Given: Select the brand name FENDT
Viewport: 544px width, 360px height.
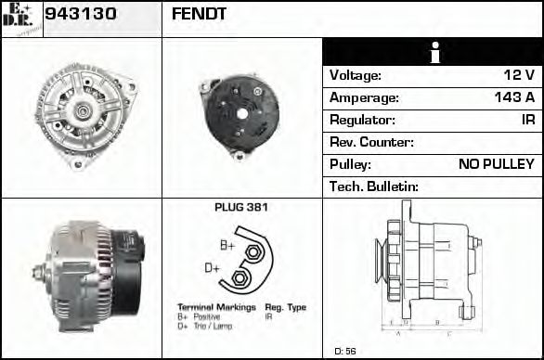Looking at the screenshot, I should pos(199,15).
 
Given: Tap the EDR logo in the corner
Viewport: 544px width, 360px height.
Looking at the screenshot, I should pos(20,18).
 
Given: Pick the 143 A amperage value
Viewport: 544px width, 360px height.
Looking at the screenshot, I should pos(514,97).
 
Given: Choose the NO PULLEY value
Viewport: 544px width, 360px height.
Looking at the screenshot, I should pos(497,164).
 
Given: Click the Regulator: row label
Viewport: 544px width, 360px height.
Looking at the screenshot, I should pos(363,120).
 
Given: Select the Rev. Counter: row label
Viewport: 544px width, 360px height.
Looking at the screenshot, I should pos(371,142).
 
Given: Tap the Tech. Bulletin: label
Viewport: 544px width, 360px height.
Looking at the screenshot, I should pos(374,186).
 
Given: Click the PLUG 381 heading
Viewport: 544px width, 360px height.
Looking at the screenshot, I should pos(241,208).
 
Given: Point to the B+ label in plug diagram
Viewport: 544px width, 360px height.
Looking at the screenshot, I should pos(227,245).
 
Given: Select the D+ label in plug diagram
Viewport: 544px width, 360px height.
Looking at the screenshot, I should pos(212,268).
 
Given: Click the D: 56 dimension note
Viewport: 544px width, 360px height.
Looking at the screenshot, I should pos(344,351).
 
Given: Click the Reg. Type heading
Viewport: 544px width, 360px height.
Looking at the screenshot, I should pos(285,307).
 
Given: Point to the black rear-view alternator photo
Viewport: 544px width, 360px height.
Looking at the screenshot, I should pos(241,113).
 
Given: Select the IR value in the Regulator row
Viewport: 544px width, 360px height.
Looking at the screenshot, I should pos(527,120).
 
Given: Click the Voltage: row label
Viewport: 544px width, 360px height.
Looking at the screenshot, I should pos(356,75).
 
